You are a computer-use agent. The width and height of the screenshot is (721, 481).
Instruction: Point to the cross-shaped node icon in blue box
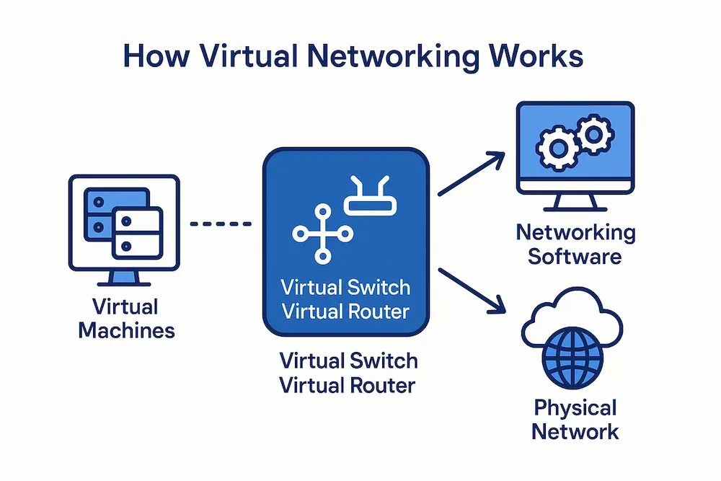pyautogui.click(x=322, y=233)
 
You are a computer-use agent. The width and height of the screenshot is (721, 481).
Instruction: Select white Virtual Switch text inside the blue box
pyautogui.click(x=345, y=287)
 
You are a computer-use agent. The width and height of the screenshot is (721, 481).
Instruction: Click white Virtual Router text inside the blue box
pyautogui.click(x=345, y=312)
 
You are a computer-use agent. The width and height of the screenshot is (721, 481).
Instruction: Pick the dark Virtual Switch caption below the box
pyautogui.click(x=348, y=361)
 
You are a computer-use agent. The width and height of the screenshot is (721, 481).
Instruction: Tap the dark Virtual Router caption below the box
pyautogui.click(x=348, y=385)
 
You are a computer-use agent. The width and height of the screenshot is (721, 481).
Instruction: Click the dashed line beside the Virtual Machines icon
pyautogui.click(x=221, y=224)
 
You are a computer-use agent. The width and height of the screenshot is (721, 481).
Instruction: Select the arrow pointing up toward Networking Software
pyautogui.click(x=472, y=173)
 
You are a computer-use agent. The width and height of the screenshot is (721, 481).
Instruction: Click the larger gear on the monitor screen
pyautogui.click(x=556, y=148)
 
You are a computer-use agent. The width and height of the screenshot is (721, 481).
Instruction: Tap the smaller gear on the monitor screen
pyautogui.click(x=593, y=135)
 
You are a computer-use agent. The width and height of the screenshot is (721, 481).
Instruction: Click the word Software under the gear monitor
pyautogui.click(x=575, y=255)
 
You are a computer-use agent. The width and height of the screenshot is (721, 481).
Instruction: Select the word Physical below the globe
pyautogui.click(x=575, y=408)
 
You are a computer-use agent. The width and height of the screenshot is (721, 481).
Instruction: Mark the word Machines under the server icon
pyautogui.click(x=126, y=330)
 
